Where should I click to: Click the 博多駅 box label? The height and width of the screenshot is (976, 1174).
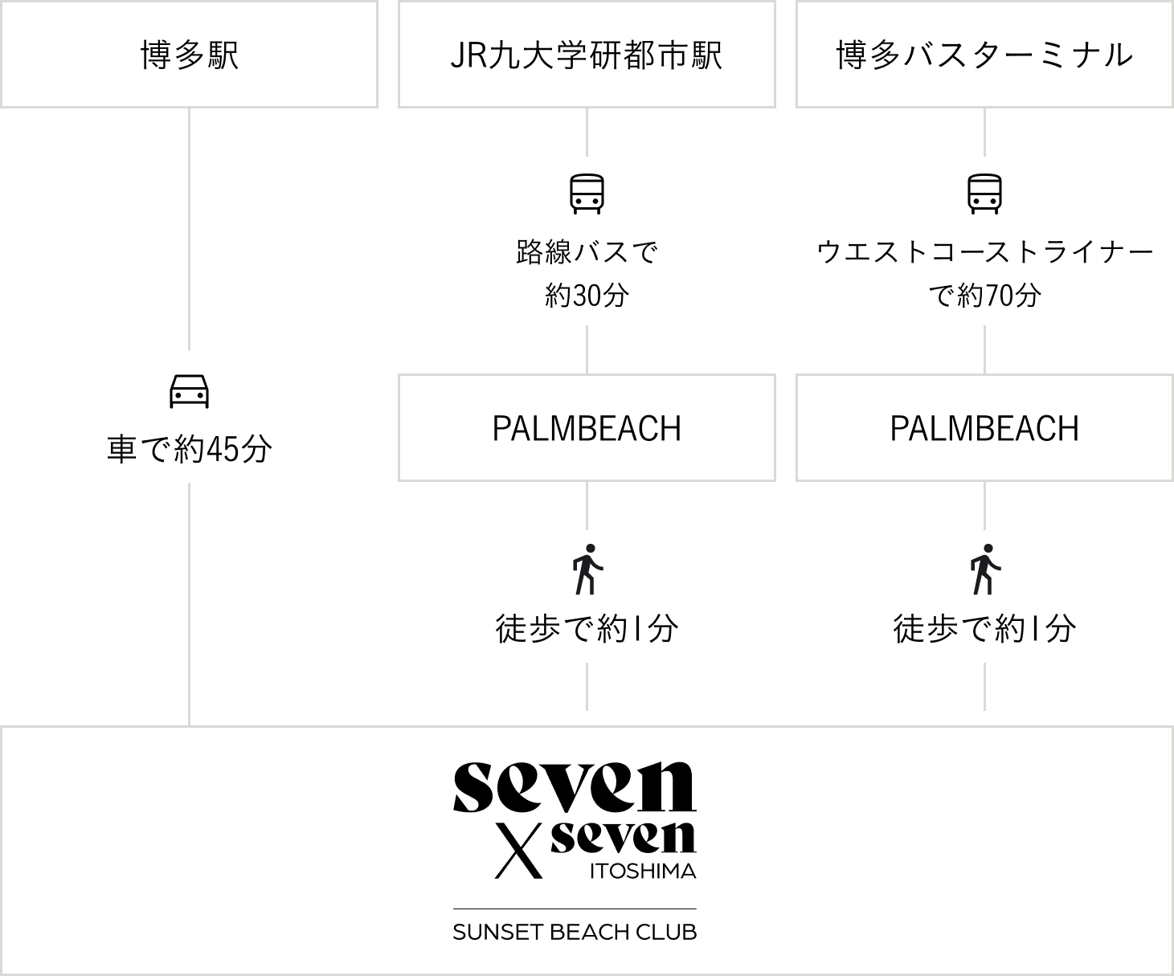tap(190, 55)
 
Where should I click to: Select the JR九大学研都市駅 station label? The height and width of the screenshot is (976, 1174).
tap(587, 55)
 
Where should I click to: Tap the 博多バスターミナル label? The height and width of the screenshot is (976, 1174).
tap(984, 55)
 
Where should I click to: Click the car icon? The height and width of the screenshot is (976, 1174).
tap(190, 390)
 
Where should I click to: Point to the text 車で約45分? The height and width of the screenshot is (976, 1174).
tap(190, 449)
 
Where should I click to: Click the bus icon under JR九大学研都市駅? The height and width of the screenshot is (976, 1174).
tap(587, 194)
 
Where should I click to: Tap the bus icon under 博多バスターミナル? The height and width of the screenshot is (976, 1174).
tap(984, 194)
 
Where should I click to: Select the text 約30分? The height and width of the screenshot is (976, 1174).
tap(587, 295)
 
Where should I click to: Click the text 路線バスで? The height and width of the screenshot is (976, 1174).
tap(587, 252)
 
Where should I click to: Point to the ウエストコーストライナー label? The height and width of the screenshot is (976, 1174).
tap(984, 252)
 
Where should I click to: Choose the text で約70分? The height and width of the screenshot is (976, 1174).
tap(984, 295)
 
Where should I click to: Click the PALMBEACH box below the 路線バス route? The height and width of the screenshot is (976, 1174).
tap(587, 428)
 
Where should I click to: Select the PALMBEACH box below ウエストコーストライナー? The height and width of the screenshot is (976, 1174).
tap(984, 428)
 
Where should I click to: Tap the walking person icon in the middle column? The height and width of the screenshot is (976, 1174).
tap(587, 569)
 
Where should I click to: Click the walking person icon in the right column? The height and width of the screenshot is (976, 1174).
tap(984, 569)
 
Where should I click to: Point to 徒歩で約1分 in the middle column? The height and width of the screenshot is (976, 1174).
tap(587, 628)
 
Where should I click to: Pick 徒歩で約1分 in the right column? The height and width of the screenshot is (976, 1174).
tap(984, 628)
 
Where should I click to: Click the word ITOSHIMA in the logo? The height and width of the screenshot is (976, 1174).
tap(643, 871)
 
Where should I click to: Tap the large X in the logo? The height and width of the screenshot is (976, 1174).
tap(518, 851)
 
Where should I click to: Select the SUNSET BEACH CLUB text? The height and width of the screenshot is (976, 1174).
tap(575, 932)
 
